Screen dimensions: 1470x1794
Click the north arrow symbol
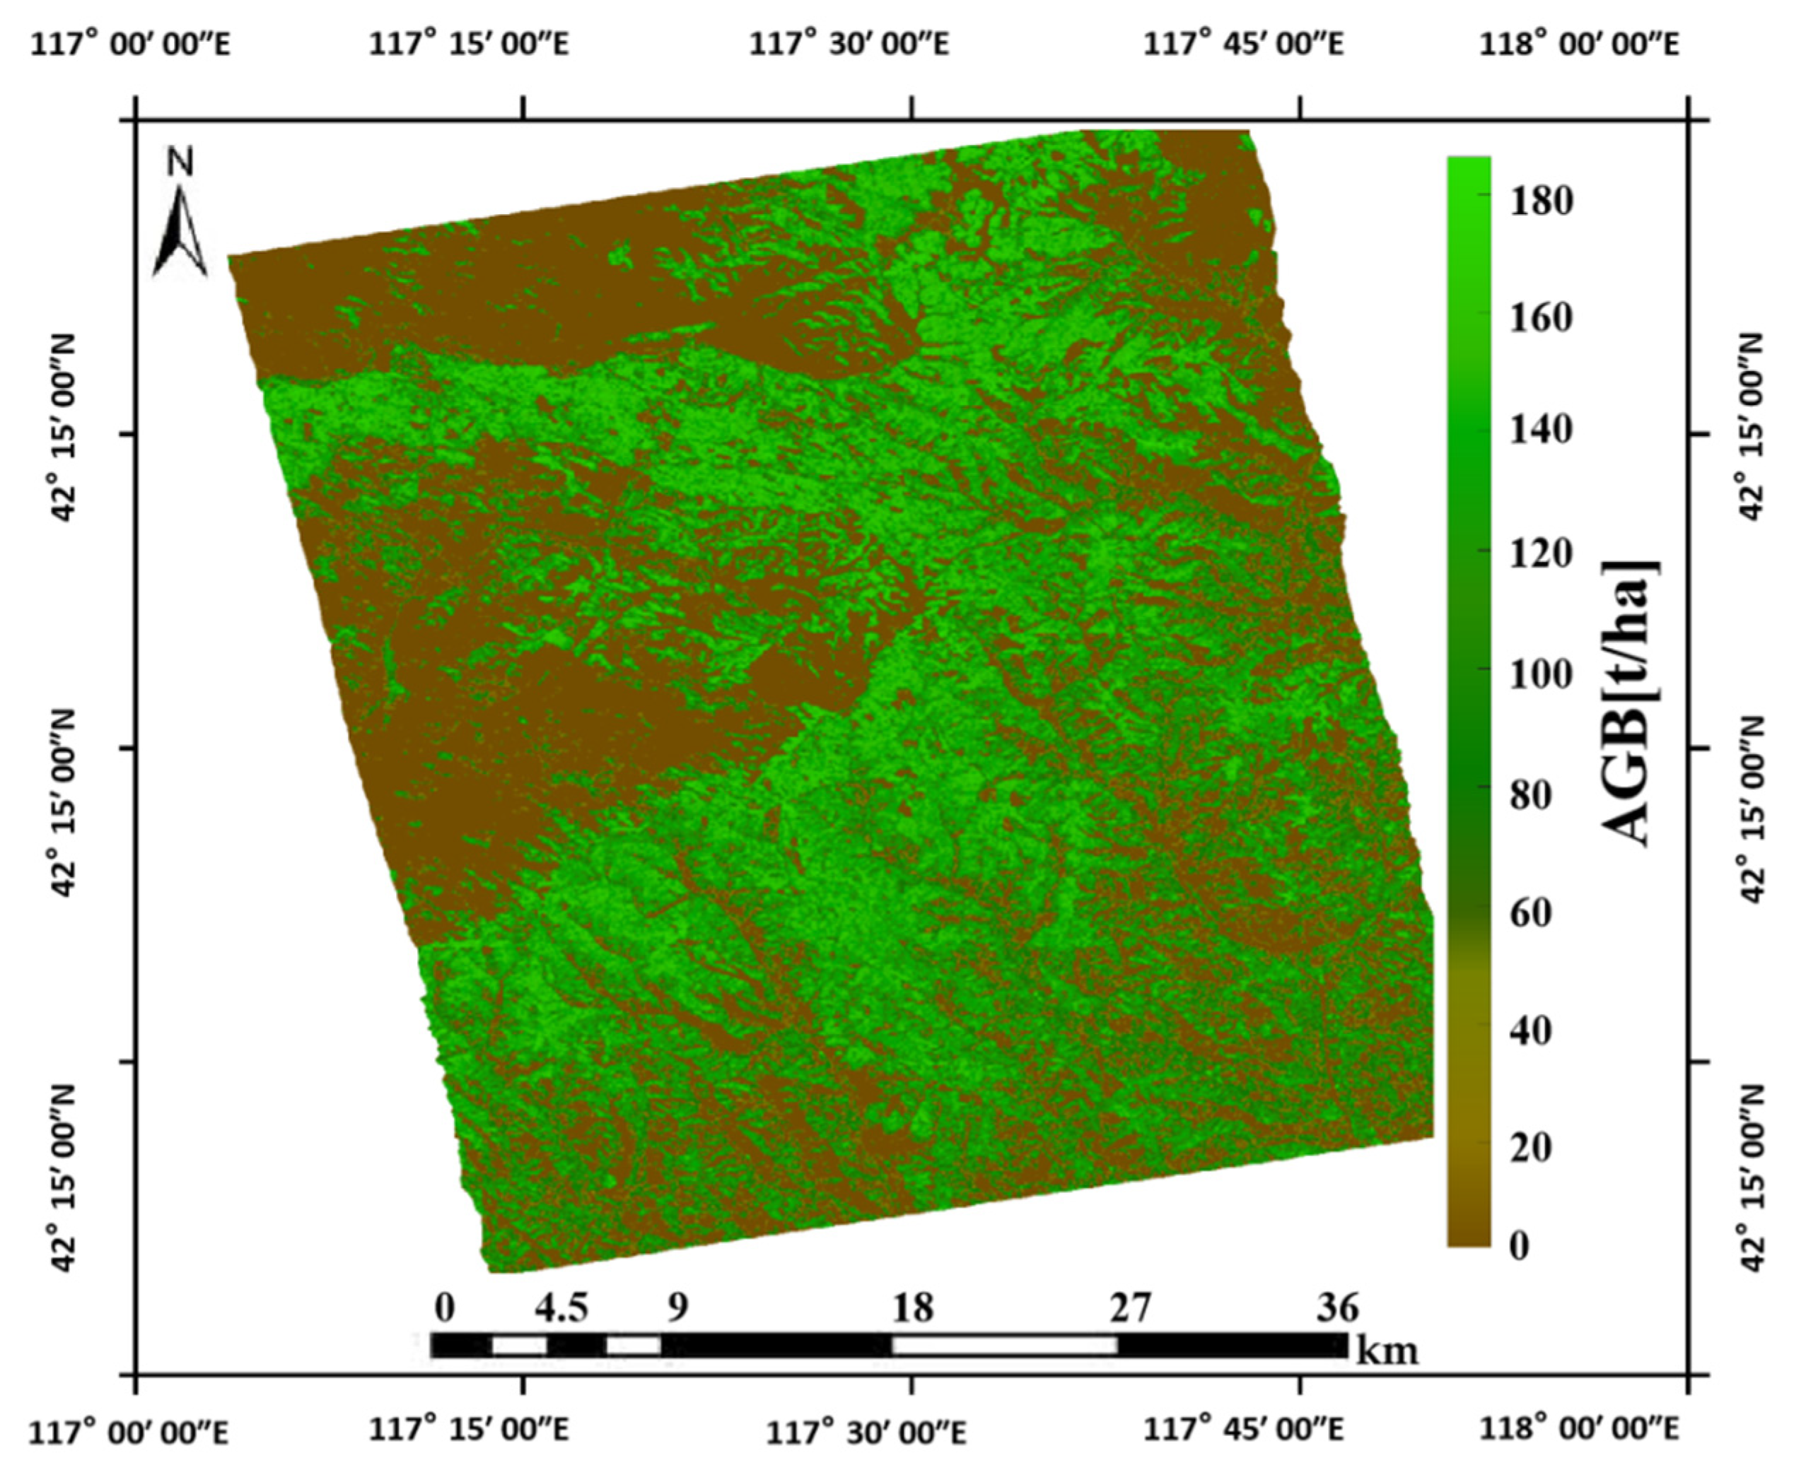180,233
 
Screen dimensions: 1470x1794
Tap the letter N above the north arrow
180,162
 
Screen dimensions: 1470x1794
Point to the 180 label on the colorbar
1542,201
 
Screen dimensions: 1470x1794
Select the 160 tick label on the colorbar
1542,319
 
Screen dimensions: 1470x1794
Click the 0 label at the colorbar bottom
1520,1245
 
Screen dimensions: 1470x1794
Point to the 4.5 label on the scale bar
561,1308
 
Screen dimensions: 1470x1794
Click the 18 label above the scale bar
912,1308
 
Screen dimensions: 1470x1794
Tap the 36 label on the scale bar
1337,1308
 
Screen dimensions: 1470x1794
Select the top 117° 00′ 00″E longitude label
130,44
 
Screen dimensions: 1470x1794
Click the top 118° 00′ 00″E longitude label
1579,44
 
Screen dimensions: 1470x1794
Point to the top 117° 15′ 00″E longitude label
468,44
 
